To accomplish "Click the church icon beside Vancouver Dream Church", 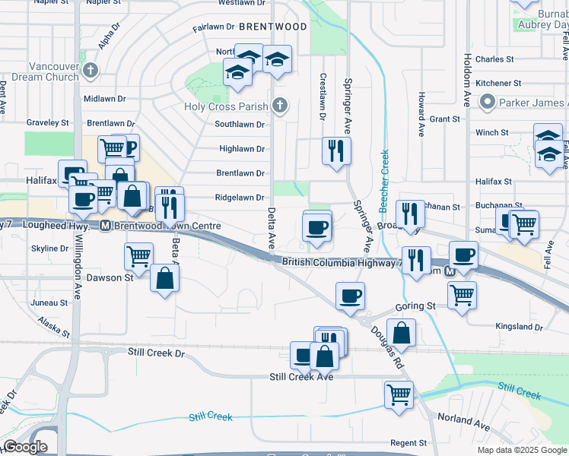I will point(91,71).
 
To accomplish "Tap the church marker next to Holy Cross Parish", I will point(281,106).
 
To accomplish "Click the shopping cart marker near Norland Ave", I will point(399,394).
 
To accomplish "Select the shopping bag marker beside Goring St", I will point(401,332).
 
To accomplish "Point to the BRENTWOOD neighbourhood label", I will point(273,27).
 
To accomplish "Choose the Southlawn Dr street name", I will point(239,125).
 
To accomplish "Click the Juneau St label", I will point(50,302).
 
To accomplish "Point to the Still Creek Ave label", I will point(302,377).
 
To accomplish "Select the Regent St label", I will point(408,443).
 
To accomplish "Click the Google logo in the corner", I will point(25,448).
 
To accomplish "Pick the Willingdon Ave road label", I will point(77,271).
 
